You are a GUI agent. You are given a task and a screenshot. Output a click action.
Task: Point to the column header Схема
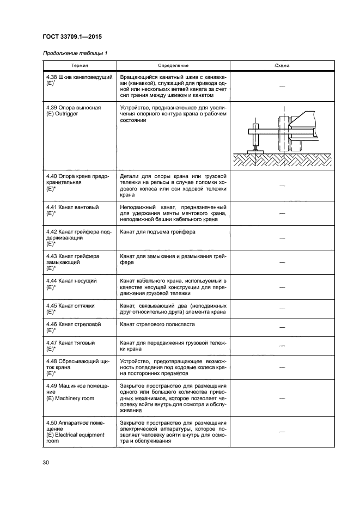pos(282,66)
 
